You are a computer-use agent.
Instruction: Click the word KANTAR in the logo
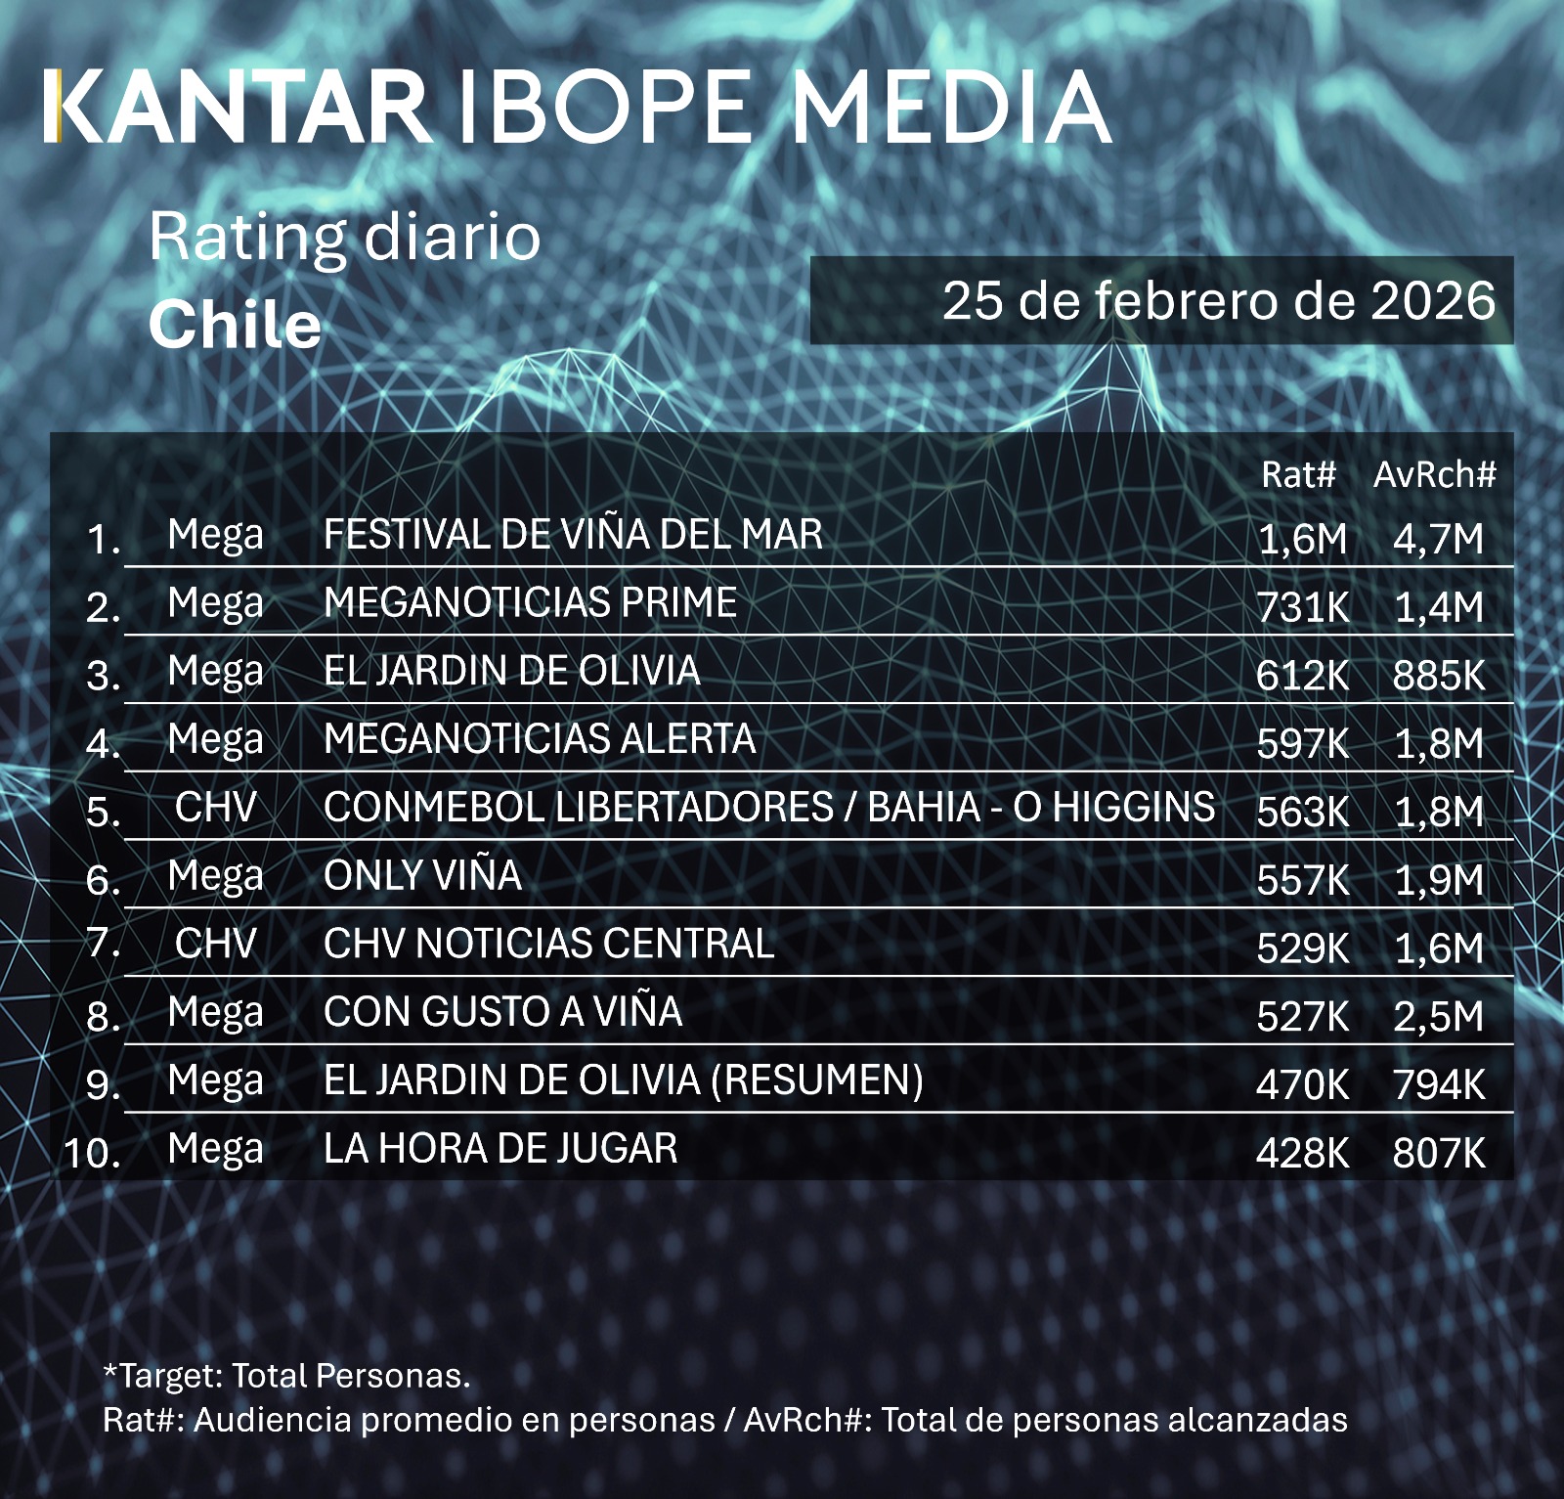click(237, 107)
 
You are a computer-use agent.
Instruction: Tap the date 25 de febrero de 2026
click(1218, 300)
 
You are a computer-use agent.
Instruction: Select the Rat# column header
click(1297, 474)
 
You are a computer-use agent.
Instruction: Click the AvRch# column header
click(1434, 474)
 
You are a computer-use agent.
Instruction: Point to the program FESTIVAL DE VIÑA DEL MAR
click(573, 535)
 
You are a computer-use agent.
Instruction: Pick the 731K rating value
click(1302, 607)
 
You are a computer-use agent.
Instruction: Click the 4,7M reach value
click(1438, 539)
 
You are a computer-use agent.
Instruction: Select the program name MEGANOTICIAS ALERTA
click(540, 739)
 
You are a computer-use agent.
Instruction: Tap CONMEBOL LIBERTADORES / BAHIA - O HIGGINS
click(769, 808)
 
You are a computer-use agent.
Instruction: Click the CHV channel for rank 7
click(215, 944)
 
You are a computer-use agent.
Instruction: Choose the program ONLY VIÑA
click(422, 875)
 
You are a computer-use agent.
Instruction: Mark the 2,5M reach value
click(1438, 1017)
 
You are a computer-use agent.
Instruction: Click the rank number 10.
click(92, 1153)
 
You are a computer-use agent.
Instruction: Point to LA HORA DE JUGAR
click(500, 1148)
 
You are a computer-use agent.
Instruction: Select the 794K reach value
click(1438, 1085)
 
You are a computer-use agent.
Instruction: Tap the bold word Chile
click(235, 325)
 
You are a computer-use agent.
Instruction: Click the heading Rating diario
click(344, 237)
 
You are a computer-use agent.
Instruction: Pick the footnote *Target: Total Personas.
click(286, 1376)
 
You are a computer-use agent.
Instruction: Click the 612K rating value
click(1302, 676)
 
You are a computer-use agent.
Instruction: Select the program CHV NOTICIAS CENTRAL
click(548, 944)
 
